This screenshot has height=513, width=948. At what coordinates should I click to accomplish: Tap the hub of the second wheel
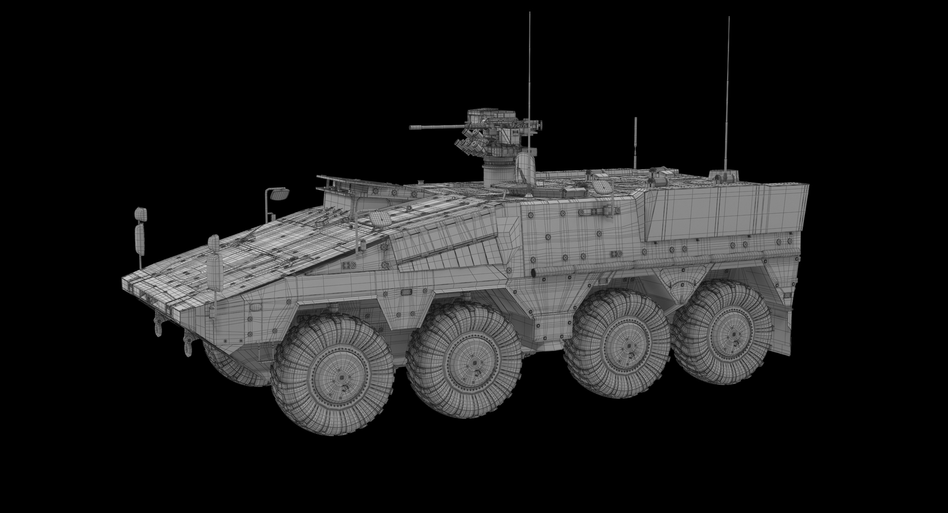(474, 363)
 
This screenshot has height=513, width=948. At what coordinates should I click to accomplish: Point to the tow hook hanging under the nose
(188, 343)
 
